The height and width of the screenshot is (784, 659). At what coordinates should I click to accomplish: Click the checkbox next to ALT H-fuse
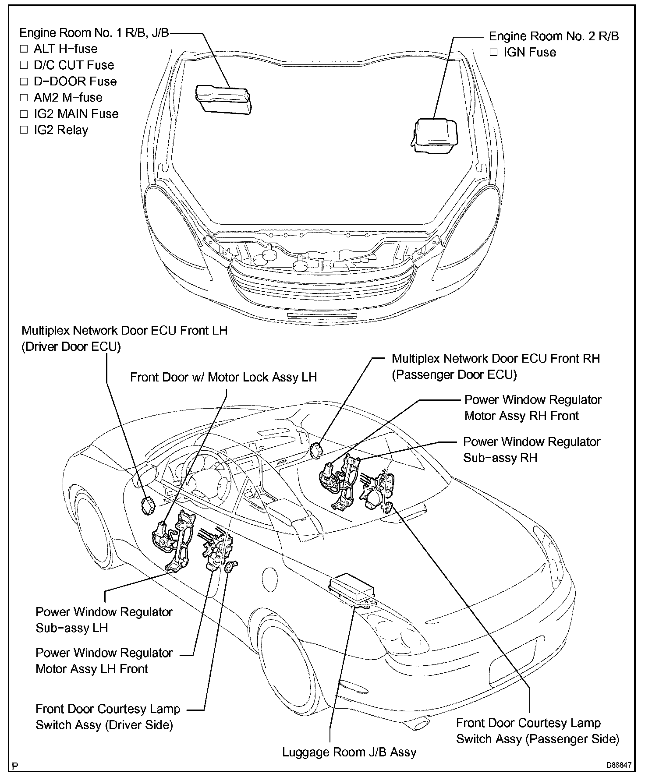pos(24,49)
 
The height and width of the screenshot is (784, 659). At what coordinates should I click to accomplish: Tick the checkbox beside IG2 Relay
pos(24,130)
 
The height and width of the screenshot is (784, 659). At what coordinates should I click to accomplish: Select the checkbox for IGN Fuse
pos(494,53)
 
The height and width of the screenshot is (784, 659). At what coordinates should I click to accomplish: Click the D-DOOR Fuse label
pos(75,81)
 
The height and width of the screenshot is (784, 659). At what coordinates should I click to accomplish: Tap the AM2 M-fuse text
pos(68,98)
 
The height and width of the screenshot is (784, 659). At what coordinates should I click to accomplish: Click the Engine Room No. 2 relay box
pos(434,135)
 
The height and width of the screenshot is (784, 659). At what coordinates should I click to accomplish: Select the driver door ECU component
pos(147,505)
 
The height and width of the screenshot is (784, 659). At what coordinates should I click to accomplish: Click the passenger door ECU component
pos(316,449)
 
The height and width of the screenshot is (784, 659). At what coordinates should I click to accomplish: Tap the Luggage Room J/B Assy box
pos(351,586)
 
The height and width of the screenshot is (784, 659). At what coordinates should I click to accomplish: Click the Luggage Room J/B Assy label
pos(349,752)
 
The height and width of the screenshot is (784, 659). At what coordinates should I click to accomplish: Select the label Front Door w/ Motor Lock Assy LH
pos(223,378)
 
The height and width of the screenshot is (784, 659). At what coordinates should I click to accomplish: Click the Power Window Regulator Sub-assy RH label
pos(531,450)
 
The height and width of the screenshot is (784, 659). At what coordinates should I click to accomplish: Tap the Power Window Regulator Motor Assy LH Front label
pos(104,661)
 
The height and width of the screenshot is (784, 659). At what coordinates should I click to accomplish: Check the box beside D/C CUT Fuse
pos(24,65)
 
